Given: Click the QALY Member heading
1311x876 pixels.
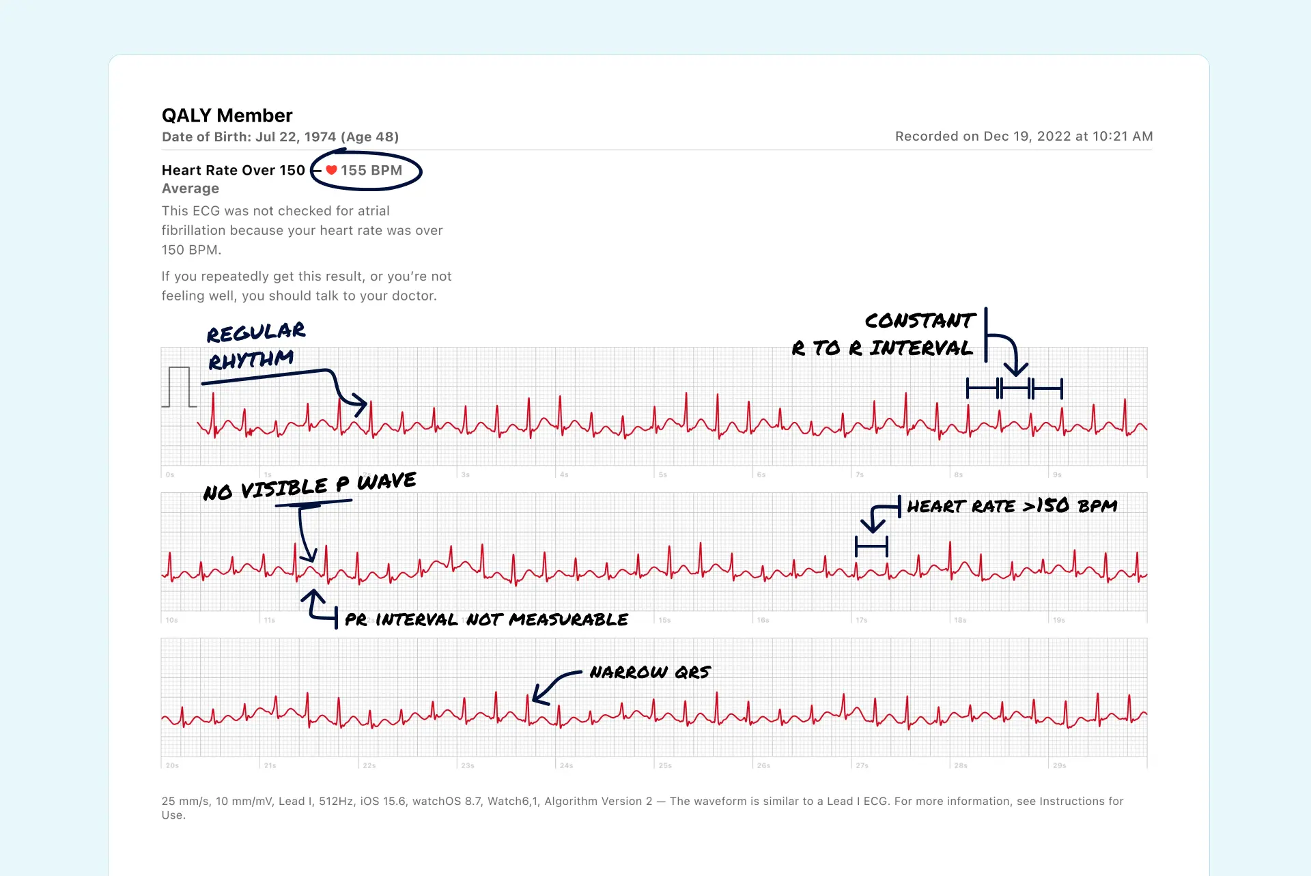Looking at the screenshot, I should pyautogui.click(x=227, y=115).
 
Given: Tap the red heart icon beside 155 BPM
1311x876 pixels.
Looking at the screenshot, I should pyautogui.click(x=331, y=170).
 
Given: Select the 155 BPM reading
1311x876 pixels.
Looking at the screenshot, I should pyautogui.click(x=371, y=170).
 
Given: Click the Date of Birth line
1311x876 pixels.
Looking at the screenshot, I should pyautogui.click(x=280, y=137).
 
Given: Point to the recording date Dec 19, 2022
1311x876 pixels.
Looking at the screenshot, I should pyautogui.click(x=1024, y=136).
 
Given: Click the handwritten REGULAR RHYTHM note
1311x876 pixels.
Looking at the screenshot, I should pyautogui.click(x=254, y=345).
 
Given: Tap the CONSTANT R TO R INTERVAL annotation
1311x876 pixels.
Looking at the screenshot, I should pyautogui.click(x=888, y=335).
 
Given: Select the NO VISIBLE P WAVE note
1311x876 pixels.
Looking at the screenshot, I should pyautogui.click(x=309, y=486).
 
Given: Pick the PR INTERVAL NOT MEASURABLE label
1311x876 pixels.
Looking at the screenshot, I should pyautogui.click(x=486, y=619).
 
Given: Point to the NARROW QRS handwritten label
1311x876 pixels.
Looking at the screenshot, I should pyautogui.click(x=650, y=673).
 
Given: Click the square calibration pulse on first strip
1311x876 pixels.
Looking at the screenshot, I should pyautogui.click(x=179, y=386).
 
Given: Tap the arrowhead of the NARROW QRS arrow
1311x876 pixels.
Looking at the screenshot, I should pyautogui.click(x=537, y=697).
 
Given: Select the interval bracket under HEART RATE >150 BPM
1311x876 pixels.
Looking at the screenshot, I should pyautogui.click(x=871, y=546).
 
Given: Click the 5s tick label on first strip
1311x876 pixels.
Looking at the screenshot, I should pyautogui.click(x=662, y=475).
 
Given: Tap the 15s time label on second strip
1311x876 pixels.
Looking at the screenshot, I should pyautogui.click(x=664, y=620).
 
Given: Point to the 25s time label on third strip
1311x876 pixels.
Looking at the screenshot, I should pyautogui.click(x=665, y=765).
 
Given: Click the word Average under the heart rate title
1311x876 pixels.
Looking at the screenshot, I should pyautogui.click(x=191, y=188).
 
